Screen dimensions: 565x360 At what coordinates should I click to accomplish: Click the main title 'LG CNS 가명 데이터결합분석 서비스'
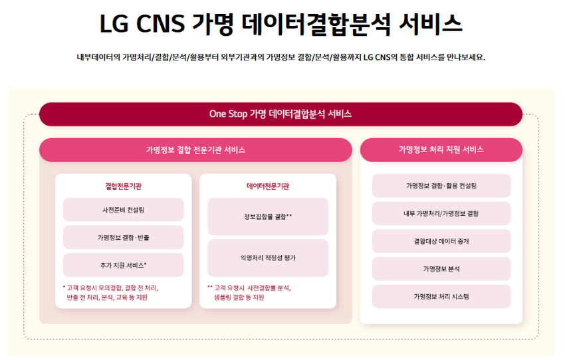click(281, 25)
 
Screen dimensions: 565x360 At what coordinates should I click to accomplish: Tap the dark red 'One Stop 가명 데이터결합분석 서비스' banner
click(281, 114)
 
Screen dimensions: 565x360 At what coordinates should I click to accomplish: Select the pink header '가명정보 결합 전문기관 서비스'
click(195, 149)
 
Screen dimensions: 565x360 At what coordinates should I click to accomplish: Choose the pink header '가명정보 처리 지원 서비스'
click(441, 149)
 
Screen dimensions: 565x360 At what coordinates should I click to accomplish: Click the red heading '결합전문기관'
click(123, 186)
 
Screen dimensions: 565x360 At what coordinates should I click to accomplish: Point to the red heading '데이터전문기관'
click(268, 186)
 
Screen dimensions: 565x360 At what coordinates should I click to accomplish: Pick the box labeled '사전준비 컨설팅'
click(123, 209)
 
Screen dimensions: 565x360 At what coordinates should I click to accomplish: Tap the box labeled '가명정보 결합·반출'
click(123, 237)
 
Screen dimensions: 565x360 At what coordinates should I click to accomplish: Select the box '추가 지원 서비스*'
click(123, 265)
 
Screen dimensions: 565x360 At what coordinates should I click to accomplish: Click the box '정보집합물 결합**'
click(268, 217)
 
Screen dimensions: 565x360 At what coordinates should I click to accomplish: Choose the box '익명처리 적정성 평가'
click(268, 258)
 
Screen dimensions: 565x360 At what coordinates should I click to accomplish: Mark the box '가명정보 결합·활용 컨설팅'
click(441, 186)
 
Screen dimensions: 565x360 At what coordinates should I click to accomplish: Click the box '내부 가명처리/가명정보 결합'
click(441, 213)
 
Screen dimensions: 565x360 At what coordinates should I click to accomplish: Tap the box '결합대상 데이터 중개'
click(441, 241)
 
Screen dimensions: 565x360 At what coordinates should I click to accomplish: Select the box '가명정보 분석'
click(441, 268)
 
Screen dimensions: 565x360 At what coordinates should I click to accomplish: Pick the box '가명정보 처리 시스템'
click(441, 296)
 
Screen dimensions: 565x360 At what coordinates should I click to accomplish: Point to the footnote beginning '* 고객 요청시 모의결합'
click(110, 293)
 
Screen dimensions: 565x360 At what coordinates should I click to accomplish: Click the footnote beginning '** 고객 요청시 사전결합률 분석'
click(249, 293)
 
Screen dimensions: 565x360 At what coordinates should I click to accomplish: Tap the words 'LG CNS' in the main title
click(142, 25)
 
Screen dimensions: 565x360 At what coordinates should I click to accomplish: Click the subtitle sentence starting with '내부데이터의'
click(281, 57)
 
